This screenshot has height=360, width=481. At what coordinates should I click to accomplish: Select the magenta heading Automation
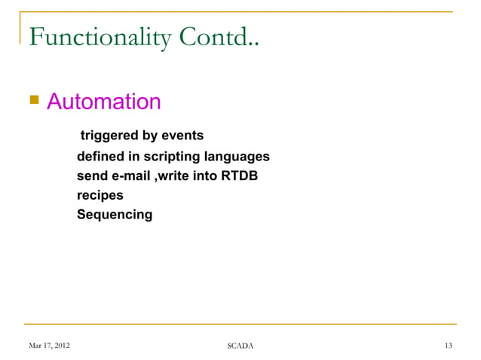(x=104, y=101)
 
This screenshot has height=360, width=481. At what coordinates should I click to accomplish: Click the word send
(x=92, y=176)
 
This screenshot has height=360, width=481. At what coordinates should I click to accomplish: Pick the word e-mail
(x=130, y=176)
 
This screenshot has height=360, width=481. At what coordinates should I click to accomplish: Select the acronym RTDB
(x=237, y=176)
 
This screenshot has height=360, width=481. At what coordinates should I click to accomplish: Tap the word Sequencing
(x=114, y=215)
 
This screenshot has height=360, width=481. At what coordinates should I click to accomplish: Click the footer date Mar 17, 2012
(x=50, y=346)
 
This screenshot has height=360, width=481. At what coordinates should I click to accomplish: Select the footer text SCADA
(x=240, y=346)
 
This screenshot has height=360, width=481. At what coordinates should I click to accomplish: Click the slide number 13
(x=448, y=346)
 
